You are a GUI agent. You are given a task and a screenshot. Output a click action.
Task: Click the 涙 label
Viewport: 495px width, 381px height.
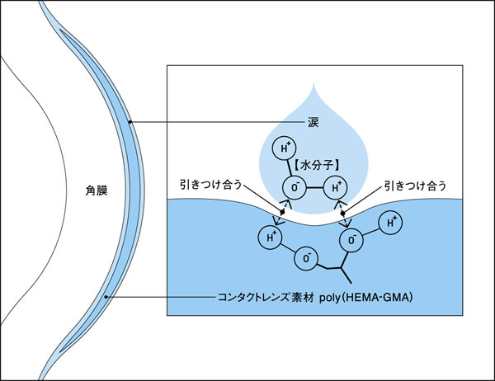click(313, 122)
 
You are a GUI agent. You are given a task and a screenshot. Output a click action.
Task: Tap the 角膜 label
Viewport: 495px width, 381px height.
click(97, 190)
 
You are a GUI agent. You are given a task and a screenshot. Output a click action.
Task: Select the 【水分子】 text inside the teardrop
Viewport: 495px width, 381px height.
click(317, 165)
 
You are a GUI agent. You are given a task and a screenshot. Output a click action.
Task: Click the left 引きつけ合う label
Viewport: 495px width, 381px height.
click(211, 185)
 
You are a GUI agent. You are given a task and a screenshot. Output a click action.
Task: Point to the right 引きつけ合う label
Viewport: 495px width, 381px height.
click(415, 186)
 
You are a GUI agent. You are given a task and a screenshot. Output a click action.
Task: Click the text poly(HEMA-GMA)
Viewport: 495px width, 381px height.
click(365, 298)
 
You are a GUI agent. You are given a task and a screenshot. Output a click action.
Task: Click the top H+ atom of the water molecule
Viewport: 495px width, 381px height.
click(285, 148)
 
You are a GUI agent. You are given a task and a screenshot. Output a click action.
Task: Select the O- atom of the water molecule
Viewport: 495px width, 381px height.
click(295, 188)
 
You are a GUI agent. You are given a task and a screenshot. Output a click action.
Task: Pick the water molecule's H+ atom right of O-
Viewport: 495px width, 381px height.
click(336, 188)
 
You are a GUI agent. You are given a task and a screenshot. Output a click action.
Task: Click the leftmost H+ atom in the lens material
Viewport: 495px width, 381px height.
click(271, 238)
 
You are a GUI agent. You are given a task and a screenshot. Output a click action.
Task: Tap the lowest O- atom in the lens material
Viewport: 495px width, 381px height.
click(306, 259)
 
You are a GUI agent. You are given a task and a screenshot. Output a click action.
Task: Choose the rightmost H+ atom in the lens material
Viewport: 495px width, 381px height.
click(390, 223)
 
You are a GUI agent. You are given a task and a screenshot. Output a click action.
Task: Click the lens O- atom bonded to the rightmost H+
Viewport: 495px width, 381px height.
click(351, 241)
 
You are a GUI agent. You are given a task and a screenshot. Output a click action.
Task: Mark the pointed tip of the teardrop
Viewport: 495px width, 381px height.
click(313, 82)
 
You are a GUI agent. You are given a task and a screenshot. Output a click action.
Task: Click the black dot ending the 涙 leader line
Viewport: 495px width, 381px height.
click(130, 122)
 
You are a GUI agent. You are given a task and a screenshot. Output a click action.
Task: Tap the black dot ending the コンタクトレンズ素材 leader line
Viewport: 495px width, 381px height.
click(106, 297)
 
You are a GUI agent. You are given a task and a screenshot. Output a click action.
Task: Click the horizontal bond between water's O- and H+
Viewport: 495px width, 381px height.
click(315, 188)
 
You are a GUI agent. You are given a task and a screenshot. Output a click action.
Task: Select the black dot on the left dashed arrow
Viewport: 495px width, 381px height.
click(282, 213)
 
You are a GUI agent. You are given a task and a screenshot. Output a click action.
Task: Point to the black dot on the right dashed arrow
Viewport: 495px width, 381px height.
click(343, 214)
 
